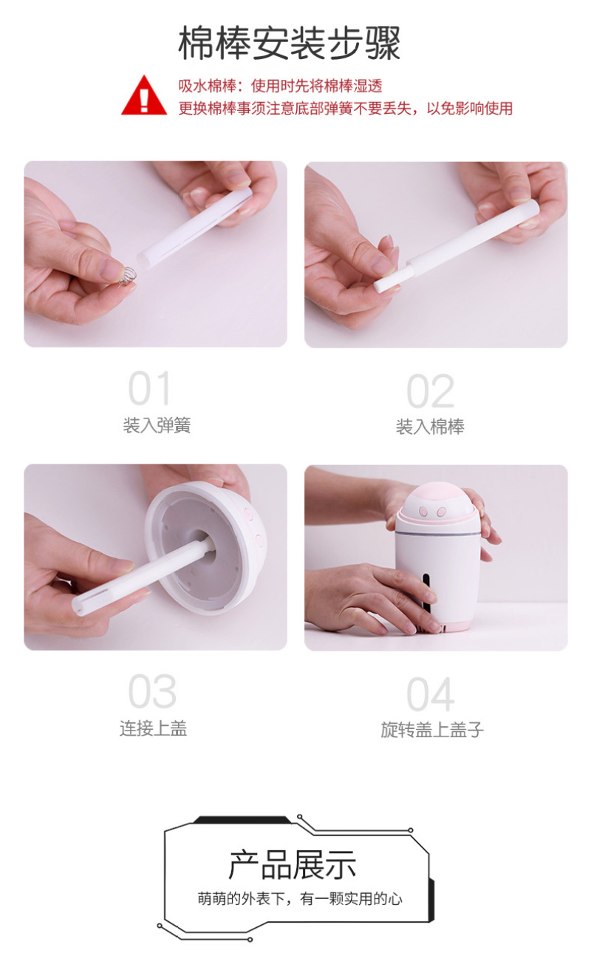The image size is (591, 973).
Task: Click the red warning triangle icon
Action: (144, 96)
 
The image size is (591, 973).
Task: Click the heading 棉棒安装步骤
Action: (290, 44)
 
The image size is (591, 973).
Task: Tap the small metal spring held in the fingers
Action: (127, 277)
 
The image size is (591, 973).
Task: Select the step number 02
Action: (430, 391)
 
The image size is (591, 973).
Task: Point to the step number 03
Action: (152, 691)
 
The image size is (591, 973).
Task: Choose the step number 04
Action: (431, 694)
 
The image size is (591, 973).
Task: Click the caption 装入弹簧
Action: (157, 425)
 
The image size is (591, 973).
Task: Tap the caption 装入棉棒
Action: (430, 427)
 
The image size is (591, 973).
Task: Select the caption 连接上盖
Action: (154, 728)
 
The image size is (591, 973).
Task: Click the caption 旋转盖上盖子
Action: (432, 730)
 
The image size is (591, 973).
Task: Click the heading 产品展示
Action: (293, 865)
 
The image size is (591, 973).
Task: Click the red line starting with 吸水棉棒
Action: (280, 86)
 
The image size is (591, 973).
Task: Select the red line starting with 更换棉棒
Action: (346, 108)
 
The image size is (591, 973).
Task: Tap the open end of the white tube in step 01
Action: (143, 260)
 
